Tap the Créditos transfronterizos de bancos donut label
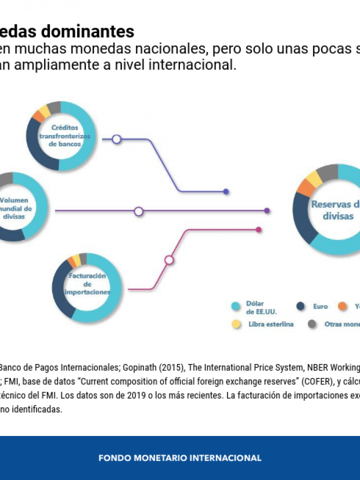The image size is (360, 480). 60,135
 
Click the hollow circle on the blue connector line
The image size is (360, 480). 116,139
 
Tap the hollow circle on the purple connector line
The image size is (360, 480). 138,211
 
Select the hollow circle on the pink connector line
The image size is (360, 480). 169,260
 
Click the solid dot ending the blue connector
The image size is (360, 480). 226,191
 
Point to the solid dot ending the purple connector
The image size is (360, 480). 267,211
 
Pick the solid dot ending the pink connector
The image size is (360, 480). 258,229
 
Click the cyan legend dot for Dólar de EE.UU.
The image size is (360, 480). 235,306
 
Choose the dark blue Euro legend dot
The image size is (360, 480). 300,306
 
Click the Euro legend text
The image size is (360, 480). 320,306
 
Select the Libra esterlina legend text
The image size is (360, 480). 270,324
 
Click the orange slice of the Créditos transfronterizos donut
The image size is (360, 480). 37,116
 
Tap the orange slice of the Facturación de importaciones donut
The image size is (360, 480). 71,262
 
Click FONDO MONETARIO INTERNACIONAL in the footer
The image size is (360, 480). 180,458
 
